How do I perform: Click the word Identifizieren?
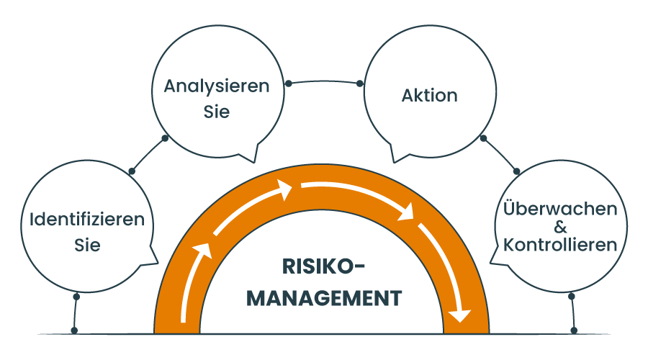click(x=86, y=220)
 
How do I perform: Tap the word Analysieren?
click(x=217, y=87)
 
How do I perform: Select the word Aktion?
click(x=430, y=95)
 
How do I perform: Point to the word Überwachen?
click(x=561, y=209)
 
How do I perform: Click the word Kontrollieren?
click(x=561, y=245)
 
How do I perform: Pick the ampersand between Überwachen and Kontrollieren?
click(x=561, y=227)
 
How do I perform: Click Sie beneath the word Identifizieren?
click(x=86, y=245)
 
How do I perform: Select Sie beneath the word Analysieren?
click(x=217, y=112)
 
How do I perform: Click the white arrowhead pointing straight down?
click(x=459, y=315)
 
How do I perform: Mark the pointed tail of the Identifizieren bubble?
click(x=154, y=261)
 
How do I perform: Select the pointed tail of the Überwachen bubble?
click(x=493, y=260)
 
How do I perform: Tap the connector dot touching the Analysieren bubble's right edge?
click(x=288, y=84)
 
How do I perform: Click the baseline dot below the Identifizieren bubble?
click(x=75, y=331)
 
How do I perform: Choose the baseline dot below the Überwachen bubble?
click(x=574, y=331)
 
